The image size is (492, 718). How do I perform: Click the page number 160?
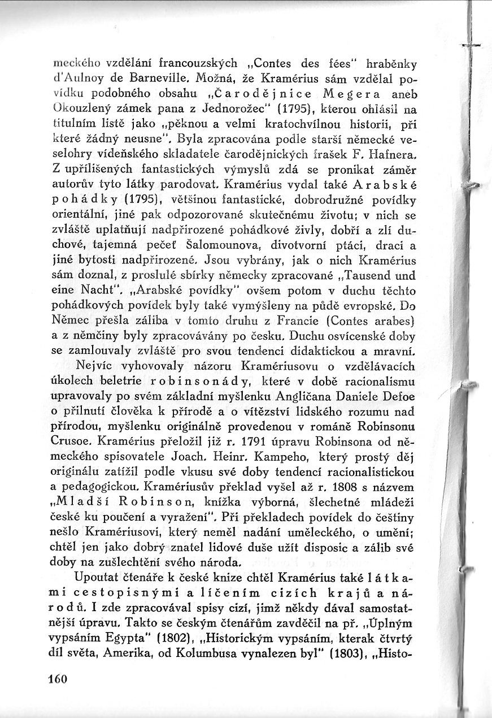(x=57, y=679)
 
